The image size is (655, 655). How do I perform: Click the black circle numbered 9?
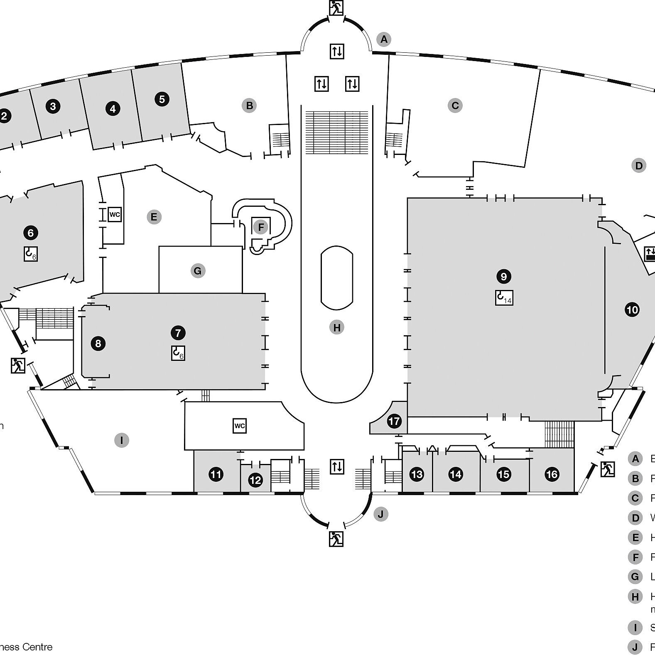[x=503, y=277]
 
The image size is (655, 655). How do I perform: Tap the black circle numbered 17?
[x=394, y=422]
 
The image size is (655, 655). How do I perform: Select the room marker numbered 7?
[x=178, y=333]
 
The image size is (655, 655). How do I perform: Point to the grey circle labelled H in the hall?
[x=337, y=327]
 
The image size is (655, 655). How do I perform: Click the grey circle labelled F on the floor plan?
[x=261, y=227]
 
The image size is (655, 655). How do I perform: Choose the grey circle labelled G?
[x=198, y=271]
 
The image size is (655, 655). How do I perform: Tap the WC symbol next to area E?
[x=115, y=215]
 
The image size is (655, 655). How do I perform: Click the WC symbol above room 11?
[x=240, y=426]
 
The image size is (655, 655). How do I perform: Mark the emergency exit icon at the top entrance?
[x=336, y=7]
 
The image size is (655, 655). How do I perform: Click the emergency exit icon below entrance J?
[x=336, y=539]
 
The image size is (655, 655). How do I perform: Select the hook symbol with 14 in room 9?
[x=504, y=297]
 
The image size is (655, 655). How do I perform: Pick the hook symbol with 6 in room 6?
[x=31, y=254]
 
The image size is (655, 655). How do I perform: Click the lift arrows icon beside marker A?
[x=337, y=52]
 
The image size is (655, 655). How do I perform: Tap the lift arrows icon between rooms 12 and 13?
[x=337, y=467]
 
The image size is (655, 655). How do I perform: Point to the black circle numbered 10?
[x=632, y=310]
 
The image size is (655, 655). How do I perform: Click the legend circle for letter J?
[x=635, y=647]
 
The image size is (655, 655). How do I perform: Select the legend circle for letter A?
[x=635, y=459]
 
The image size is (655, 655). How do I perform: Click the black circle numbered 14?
[x=456, y=474]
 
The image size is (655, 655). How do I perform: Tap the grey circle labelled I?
[x=122, y=440]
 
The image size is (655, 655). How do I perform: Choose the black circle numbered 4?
[x=113, y=109]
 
